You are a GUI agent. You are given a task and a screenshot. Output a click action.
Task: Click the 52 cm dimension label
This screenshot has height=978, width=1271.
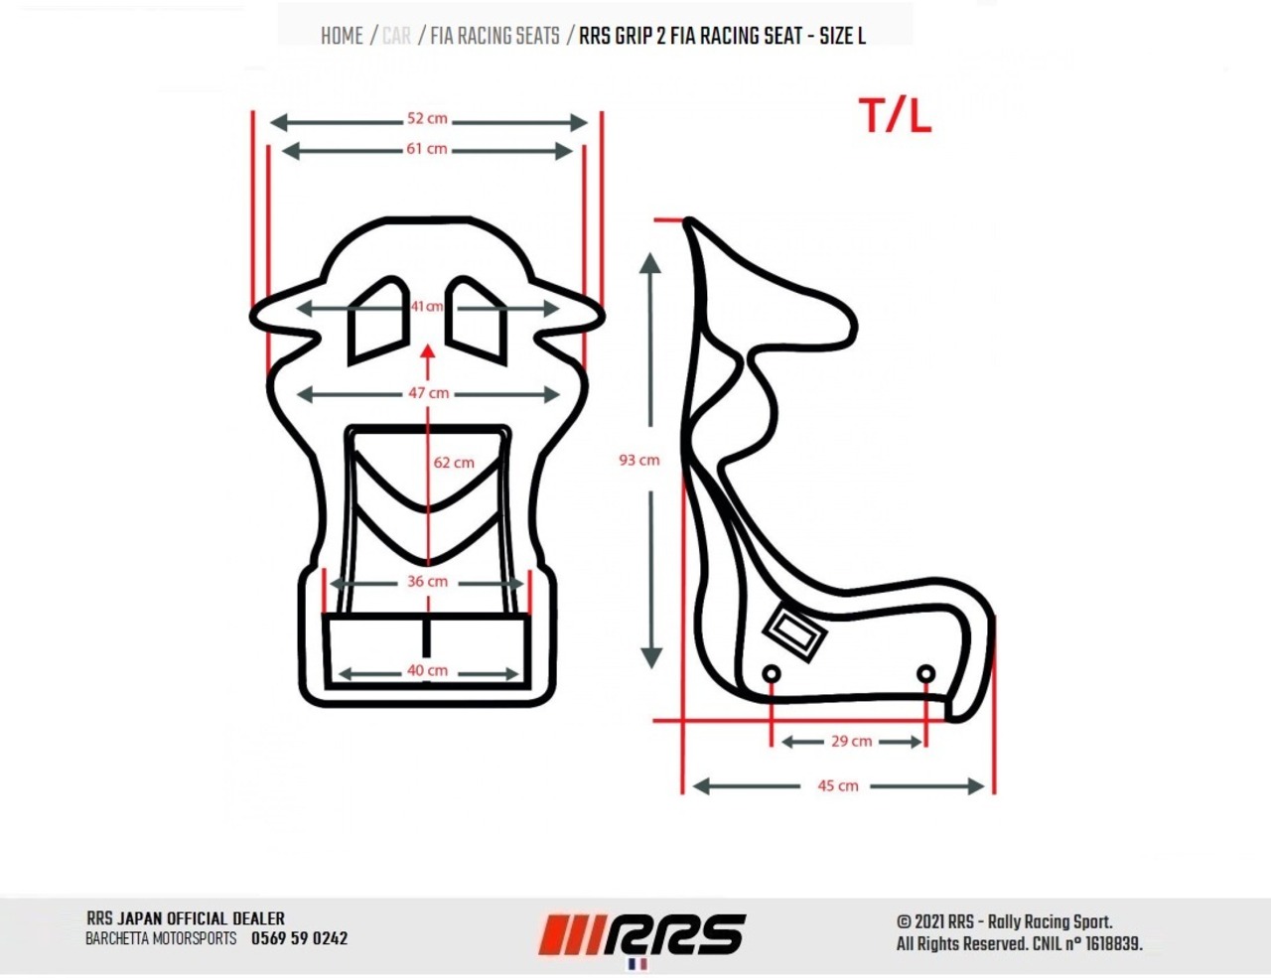point(427,119)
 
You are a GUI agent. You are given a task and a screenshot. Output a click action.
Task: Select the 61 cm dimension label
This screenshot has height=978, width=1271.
point(427,149)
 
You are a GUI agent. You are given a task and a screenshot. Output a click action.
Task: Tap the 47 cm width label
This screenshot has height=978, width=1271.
point(429,393)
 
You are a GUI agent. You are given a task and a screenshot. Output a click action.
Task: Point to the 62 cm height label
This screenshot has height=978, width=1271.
point(454,463)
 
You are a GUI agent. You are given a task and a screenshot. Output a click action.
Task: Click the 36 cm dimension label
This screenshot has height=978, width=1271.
point(428,581)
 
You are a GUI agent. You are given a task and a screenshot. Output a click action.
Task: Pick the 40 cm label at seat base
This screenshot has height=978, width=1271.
point(428,670)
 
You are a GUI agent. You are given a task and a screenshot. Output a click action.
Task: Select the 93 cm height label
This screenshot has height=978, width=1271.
point(639,460)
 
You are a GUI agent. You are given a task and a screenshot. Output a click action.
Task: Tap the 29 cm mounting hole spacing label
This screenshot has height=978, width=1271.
point(852,742)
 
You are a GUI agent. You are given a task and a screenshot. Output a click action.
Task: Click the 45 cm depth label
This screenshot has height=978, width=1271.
point(838,785)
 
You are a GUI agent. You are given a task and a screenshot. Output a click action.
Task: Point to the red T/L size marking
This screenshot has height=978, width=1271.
point(895,116)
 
